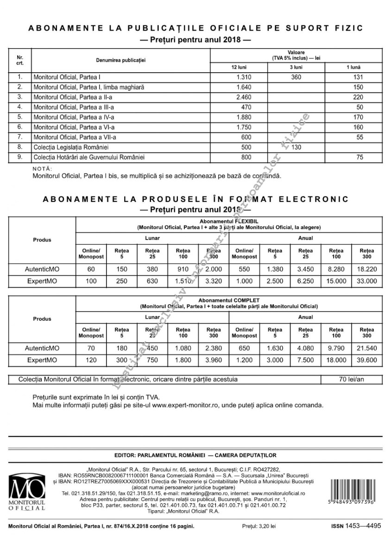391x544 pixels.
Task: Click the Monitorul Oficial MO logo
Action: coord(27,492)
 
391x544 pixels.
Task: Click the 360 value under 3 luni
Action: coord(296,77)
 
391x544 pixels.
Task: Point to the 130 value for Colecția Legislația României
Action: coord(296,147)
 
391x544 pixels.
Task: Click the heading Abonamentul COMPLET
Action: coord(229,300)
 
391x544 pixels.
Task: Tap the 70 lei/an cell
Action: coord(352,379)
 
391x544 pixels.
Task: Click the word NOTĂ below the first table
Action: coord(43,169)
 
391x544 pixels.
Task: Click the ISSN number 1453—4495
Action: coord(364,525)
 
